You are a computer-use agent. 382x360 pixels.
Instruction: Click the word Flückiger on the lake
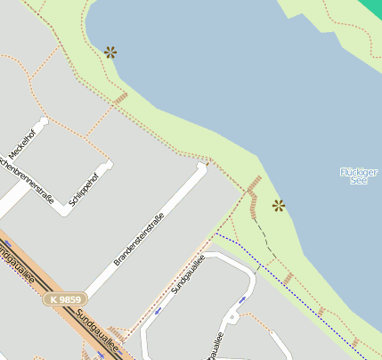click(359, 171)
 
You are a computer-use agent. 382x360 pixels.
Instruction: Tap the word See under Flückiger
click(359, 181)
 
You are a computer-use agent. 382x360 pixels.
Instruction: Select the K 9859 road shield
click(66, 299)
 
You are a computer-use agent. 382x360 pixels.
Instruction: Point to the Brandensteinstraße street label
click(139, 239)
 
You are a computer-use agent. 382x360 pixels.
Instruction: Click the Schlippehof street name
click(83, 185)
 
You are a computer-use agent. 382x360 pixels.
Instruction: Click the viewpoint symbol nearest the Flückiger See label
click(279, 206)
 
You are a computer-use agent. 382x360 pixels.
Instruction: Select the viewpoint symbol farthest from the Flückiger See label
click(110, 52)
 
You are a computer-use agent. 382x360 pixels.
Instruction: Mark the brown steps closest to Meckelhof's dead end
click(120, 97)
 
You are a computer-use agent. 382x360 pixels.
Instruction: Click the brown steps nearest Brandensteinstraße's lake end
click(253, 184)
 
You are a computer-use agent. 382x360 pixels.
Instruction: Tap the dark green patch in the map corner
click(372, 5)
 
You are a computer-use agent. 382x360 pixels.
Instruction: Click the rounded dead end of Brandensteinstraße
click(202, 168)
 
